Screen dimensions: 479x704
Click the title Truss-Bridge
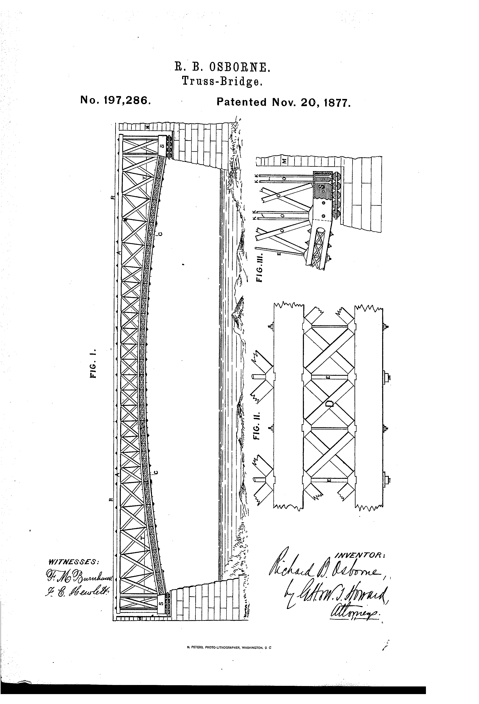coord(222,81)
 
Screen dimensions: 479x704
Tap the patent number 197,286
coord(115,100)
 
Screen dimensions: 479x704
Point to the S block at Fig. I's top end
coord(162,146)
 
